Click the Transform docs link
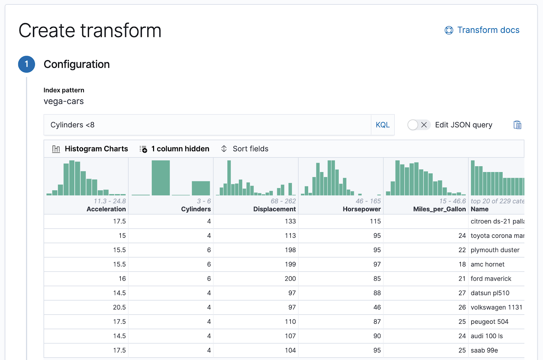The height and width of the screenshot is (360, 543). pos(488,30)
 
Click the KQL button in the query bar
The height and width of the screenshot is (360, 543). pos(382,125)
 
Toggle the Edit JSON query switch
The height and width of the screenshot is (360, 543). pos(419,125)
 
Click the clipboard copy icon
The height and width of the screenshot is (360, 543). pos(517,125)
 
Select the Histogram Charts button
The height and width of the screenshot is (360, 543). pos(90,149)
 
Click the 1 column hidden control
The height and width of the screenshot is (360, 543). pos(174,149)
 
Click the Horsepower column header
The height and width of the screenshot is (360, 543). pos(361,209)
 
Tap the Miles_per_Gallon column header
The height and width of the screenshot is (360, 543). pos(439,209)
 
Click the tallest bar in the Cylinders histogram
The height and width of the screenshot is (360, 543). pos(161,178)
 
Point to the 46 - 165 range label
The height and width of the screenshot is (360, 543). pos(368,201)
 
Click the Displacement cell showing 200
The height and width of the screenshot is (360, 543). pos(290,279)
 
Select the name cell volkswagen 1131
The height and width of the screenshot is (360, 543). pos(496,307)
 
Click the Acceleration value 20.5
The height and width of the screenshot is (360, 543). pos(119,307)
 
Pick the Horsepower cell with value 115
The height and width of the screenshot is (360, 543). pos(375,221)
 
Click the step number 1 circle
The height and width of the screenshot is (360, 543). pos(26,64)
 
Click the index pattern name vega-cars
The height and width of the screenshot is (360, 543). pos(63,101)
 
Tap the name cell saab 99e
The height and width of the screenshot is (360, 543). pos(484,350)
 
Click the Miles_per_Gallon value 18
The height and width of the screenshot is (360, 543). pos(462,264)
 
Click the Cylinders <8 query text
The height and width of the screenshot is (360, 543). pos(73,125)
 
